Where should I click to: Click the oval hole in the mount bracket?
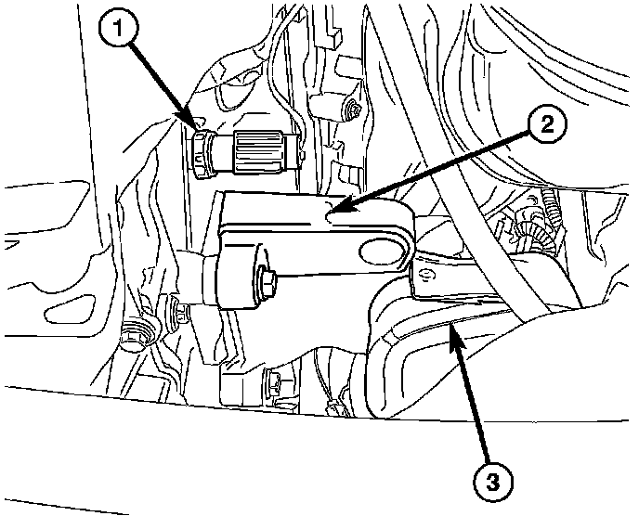tap(382, 251)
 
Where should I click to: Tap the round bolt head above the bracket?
tap(352, 111)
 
